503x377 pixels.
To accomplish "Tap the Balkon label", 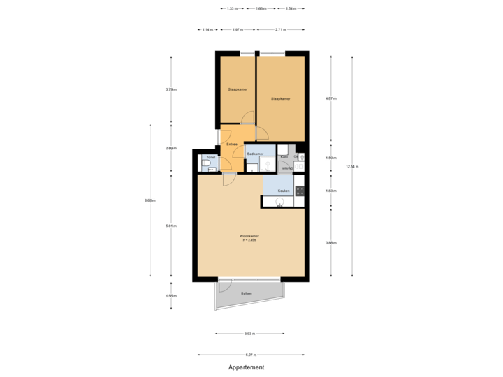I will [247, 293].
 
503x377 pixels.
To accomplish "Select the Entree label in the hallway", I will [231, 145].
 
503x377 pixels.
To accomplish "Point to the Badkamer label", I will [255, 154].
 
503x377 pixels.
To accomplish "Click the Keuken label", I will [284, 191].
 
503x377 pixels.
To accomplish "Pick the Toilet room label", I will [210, 158].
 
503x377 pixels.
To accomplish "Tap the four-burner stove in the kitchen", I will [300, 190].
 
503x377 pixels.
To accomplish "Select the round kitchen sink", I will [280, 202].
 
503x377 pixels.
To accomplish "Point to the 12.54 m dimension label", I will [351, 166].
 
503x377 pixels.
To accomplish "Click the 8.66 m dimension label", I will [149, 200].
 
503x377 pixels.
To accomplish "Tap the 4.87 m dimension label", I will [331, 98].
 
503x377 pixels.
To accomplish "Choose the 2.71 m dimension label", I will [279, 30].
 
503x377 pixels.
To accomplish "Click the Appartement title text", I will [247, 367].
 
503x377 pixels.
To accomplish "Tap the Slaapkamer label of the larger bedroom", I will [280, 99].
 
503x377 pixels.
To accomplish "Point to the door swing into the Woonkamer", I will [228, 180].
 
